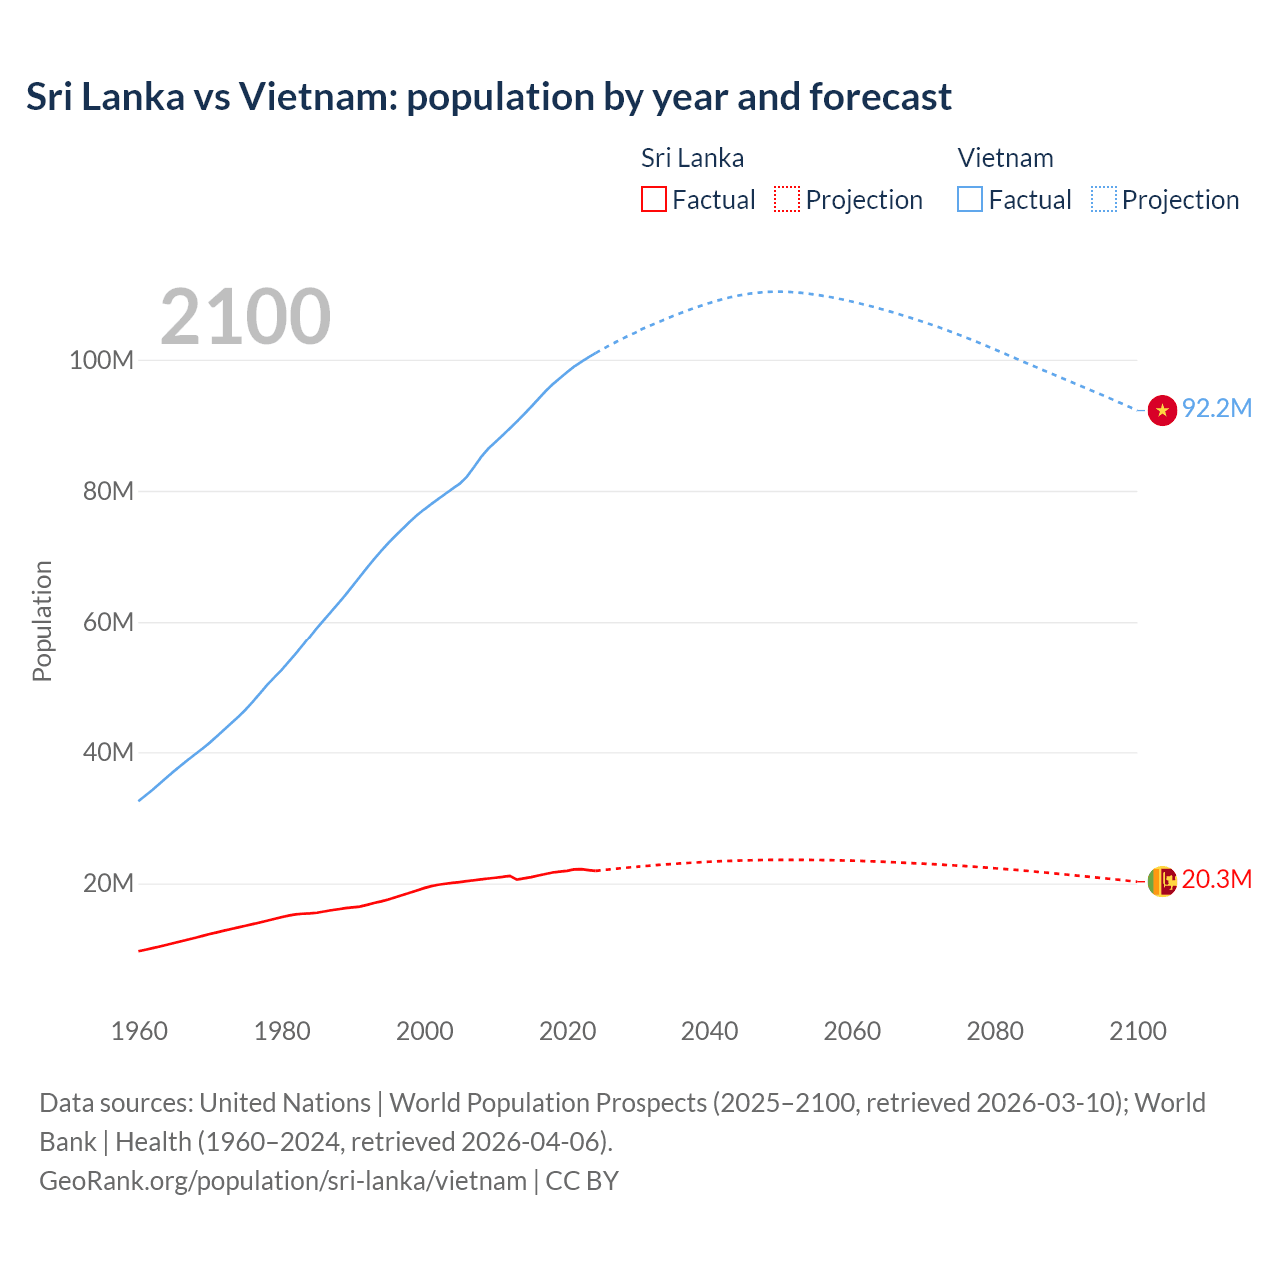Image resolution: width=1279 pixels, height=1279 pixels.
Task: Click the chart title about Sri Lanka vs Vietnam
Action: click(x=489, y=97)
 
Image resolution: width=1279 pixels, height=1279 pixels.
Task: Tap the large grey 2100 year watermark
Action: click(x=245, y=317)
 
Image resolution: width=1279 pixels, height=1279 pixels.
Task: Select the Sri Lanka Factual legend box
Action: click(x=653, y=200)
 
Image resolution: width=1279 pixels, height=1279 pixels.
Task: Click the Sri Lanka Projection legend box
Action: click(x=787, y=200)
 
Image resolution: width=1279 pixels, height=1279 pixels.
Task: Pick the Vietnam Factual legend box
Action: click(x=969, y=200)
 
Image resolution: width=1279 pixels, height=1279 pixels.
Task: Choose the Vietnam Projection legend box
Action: click(x=1103, y=200)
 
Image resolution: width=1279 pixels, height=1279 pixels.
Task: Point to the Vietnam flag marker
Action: click(x=1161, y=410)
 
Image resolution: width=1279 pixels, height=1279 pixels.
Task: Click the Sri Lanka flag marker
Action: click(x=1161, y=881)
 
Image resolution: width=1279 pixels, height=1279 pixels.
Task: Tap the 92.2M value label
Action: click(x=1216, y=409)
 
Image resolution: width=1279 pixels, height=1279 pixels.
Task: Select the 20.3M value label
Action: click(x=1216, y=880)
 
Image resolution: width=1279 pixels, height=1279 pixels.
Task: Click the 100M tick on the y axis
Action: click(x=101, y=361)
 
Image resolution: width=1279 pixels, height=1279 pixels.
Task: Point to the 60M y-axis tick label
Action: click(x=108, y=623)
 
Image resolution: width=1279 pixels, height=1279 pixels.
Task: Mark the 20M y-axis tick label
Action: click(x=108, y=884)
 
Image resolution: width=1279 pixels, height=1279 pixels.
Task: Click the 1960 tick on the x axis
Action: click(x=139, y=1031)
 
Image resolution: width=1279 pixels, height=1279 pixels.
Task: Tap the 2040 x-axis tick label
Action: click(x=709, y=1031)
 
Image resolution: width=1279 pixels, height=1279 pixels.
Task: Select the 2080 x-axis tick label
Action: click(x=995, y=1031)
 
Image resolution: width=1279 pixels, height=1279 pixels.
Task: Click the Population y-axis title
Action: click(x=42, y=621)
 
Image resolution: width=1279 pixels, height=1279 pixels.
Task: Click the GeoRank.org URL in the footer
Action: click(x=283, y=1181)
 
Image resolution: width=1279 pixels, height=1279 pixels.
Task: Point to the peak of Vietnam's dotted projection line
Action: click(x=778, y=291)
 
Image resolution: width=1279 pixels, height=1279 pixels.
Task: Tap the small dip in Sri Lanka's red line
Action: click(x=517, y=879)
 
